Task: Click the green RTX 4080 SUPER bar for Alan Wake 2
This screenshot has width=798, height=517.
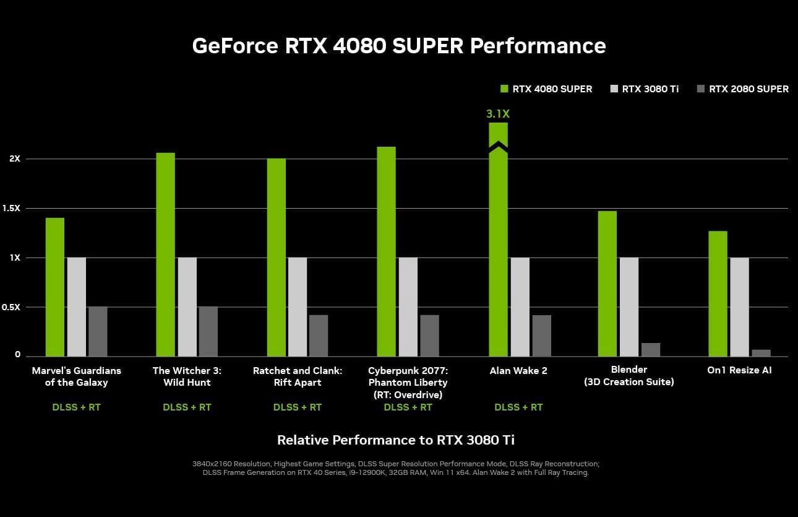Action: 498,248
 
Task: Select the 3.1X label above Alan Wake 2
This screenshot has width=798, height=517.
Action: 498,114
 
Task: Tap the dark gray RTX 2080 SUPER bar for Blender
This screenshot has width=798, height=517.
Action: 651,350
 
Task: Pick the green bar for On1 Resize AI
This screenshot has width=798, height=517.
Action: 718,293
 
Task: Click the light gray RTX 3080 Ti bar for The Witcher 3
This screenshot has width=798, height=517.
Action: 187,306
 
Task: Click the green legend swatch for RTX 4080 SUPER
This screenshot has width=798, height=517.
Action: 504,89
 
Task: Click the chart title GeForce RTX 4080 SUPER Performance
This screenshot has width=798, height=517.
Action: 399,46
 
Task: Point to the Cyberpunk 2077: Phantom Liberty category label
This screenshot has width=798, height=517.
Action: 408,382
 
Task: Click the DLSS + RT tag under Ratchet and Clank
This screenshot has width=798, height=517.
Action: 298,407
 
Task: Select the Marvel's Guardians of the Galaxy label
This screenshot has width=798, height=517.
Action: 76,376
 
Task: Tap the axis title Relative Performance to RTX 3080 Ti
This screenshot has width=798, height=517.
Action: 396,440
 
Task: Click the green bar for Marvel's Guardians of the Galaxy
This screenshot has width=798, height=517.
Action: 54,287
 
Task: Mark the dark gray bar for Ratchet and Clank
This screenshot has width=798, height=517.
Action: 319,336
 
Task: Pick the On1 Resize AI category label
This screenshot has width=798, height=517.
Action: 739,370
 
